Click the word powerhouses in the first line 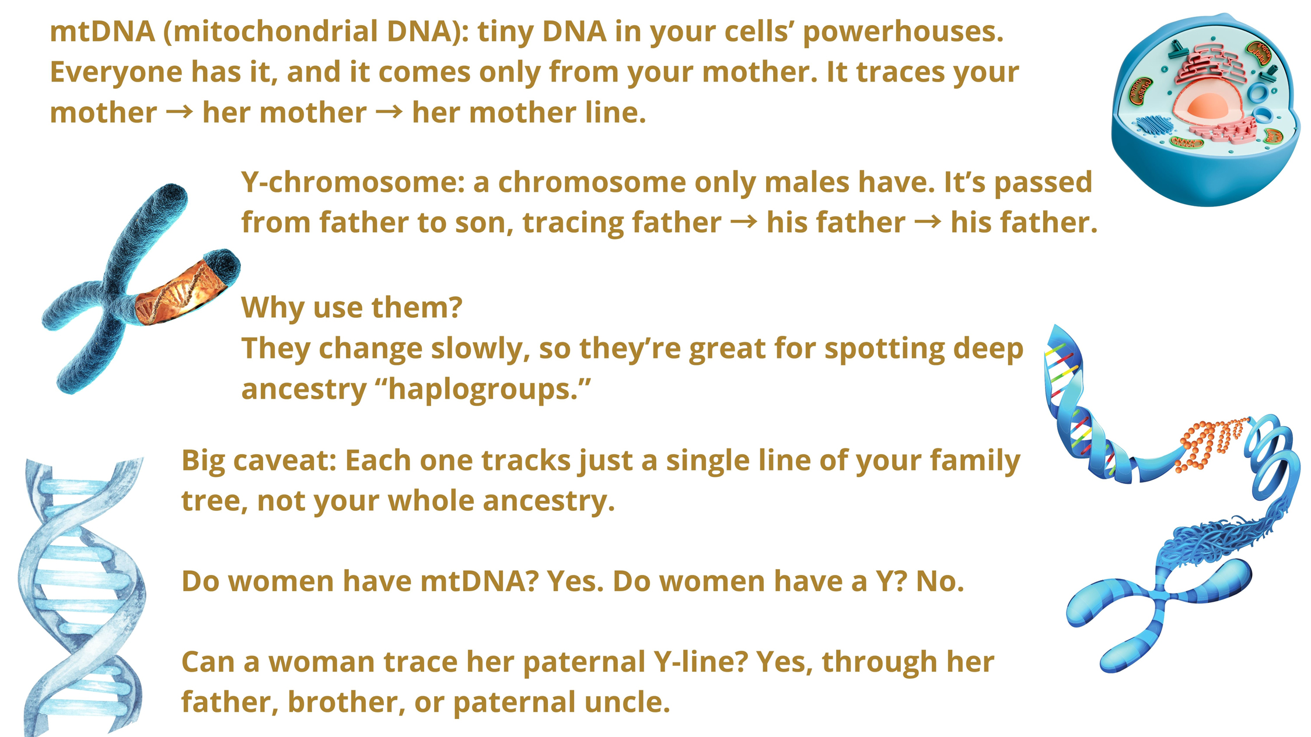click(x=903, y=32)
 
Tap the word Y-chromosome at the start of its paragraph click(x=353, y=183)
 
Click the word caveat click(x=285, y=461)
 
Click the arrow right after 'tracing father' click(x=744, y=222)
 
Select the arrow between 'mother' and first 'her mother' click(x=179, y=112)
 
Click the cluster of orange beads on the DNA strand click(x=1214, y=444)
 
